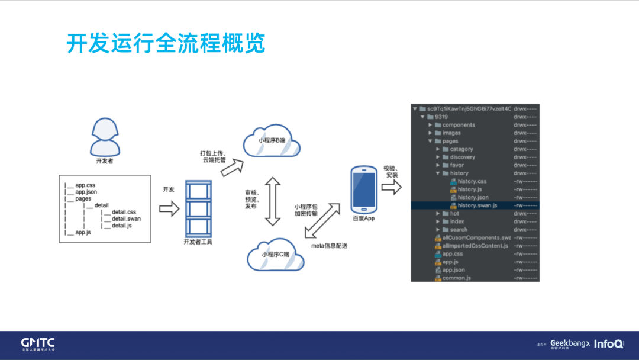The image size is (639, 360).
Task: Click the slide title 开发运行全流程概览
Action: click(x=166, y=44)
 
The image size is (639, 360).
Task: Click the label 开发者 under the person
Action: click(x=105, y=161)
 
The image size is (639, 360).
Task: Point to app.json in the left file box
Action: click(x=86, y=192)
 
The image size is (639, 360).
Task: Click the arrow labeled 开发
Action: click(x=169, y=209)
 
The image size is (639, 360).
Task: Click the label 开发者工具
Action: click(x=198, y=242)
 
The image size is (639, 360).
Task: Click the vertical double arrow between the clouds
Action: click(x=272, y=201)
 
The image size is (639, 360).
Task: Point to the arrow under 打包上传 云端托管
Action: click(x=232, y=168)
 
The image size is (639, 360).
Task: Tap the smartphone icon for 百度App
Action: click(x=363, y=189)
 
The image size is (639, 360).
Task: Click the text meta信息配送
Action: click(x=330, y=245)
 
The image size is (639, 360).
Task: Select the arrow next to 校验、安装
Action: click(x=391, y=188)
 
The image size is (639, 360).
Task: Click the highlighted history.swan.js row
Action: click(x=477, y=205)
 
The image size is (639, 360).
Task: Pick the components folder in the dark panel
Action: click(x=459, y=125)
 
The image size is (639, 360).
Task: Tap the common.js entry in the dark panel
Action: click(x=456, y=278)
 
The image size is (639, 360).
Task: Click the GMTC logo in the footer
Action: click(x=38, y=344)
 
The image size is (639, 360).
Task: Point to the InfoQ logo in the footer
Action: click(x=608, y=344)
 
